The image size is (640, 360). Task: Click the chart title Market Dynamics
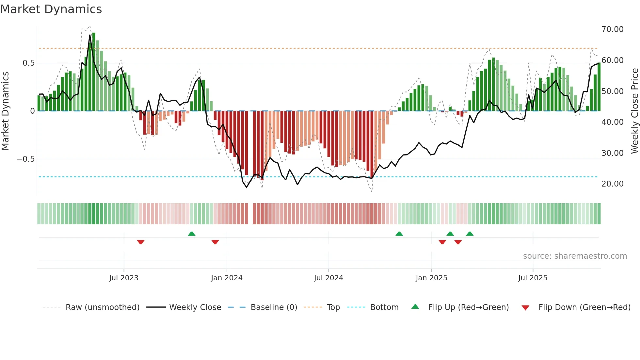point(51,9)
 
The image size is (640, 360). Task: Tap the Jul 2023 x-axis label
point(124,278)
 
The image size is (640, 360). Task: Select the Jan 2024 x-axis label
point(227,278)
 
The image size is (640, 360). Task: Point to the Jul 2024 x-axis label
point(328,278)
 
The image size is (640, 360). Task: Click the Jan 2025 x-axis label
point(431,278)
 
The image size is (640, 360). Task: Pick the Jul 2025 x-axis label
point(533,278)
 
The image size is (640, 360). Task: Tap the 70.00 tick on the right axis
point(612,29)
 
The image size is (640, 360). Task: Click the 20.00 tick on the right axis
point(612,184)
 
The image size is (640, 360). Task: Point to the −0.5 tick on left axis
point(25,159)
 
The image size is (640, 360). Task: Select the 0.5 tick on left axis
point(28,63)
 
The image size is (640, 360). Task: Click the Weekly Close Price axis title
point(634,111)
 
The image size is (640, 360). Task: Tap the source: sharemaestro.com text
point(575,256)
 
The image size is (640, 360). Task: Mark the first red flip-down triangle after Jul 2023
point(141,242)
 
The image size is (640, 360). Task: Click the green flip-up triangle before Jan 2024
point(192,234)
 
